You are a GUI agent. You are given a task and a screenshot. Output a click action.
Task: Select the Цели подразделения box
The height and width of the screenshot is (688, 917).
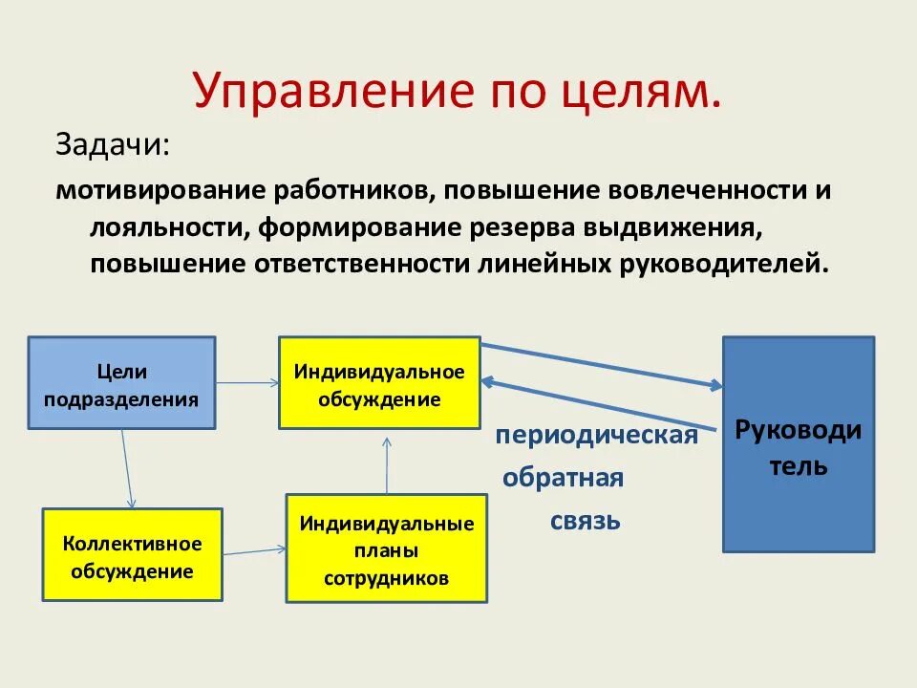point(121,383)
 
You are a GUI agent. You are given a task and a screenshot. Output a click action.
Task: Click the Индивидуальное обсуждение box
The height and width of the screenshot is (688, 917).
point(379,382)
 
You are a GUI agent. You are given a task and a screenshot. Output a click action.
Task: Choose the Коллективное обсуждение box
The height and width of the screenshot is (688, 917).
point(133,555)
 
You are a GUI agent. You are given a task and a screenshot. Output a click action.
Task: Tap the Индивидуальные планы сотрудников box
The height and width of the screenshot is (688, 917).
point(386,548)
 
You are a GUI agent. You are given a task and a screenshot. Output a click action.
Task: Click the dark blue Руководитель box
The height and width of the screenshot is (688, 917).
point(798,444)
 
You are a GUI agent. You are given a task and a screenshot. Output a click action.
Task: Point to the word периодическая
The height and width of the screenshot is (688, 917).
point(596,436)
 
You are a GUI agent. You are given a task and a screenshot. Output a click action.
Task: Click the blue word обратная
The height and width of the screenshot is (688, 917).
point(563,478)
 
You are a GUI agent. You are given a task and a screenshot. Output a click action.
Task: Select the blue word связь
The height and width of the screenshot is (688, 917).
point(585,521)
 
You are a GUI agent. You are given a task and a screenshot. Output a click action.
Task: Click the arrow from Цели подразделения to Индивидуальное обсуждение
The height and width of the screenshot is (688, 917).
point(247,383)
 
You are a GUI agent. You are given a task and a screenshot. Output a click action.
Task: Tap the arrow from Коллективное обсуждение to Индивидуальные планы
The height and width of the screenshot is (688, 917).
point(255,550)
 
